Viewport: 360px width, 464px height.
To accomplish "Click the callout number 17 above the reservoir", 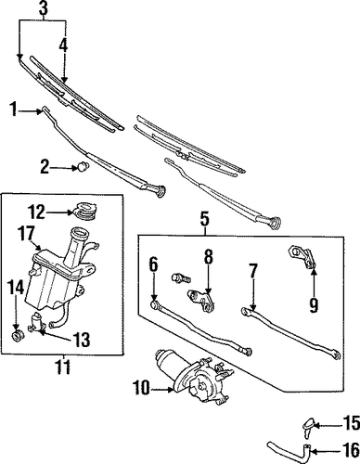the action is pyautogui.click(x=26, y=234).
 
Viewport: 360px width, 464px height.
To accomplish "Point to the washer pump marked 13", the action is pyautogui.click(x=38, y=322).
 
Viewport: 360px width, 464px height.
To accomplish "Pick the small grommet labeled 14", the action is pyautogui.click(x=17, y=336).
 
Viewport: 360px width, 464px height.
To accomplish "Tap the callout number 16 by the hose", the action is pyautogui.click(x=352, y=450).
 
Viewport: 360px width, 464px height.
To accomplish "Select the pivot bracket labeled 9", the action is pyautogui.click(x=302, y=256).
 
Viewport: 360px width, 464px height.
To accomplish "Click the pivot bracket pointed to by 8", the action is pyautogui.click(x=201, y=300).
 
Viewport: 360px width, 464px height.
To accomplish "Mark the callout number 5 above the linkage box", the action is pyautogui.click(x=205, y=219).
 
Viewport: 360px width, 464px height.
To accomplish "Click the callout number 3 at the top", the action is pyautogui.click(x=44, y=9).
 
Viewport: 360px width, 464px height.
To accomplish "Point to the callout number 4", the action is pyautogui.click(x=63, y=45).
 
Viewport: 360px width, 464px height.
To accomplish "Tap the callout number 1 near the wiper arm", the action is pyautogui.click(x=14, y=110).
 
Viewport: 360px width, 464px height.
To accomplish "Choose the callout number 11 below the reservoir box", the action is pyautogui.click(x=63, y=367).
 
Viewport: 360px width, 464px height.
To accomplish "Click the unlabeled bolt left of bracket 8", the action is pyautogui.click(x=181, y=277).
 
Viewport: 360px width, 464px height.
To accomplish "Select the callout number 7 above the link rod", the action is pyautogui.click(x=253, y=271).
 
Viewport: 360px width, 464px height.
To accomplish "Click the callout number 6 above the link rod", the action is pyautogui.click(x=154, y=264).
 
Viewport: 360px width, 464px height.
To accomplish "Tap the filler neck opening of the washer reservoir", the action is pyautogui.click(x=78, y=232).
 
